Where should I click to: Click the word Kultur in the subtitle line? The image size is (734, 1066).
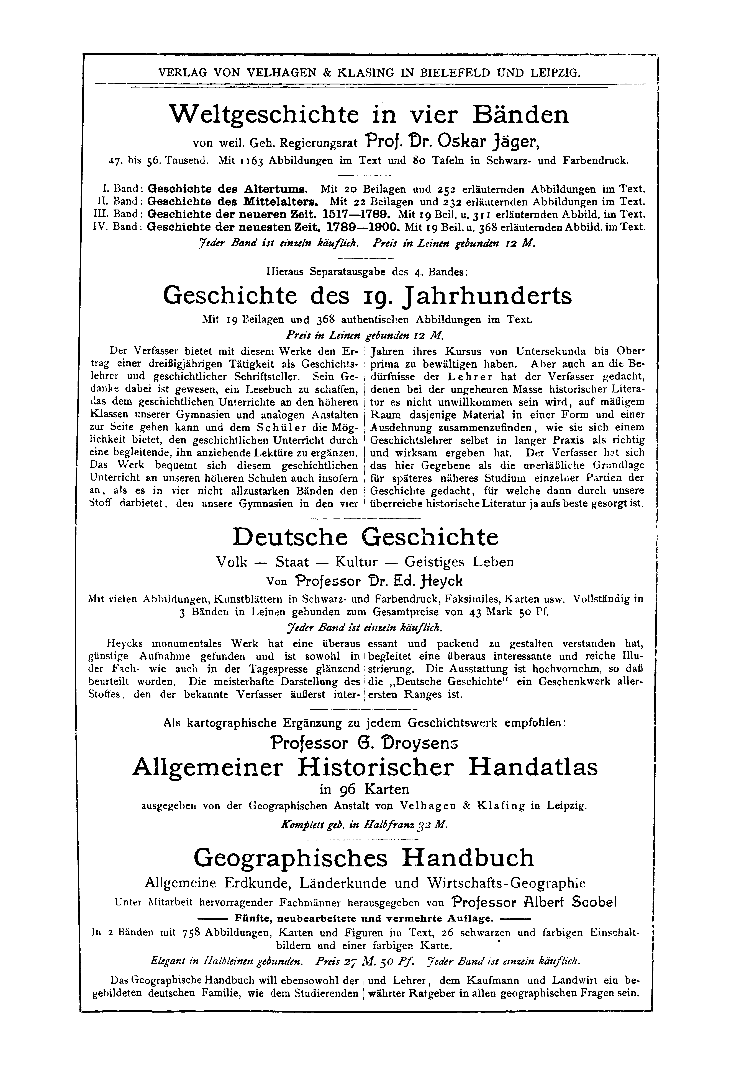[356, 562]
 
